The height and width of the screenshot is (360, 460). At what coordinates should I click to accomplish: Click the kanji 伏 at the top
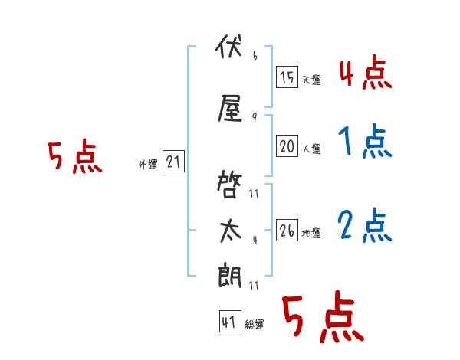point(229,46)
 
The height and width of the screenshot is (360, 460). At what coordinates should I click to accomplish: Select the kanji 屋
point(230,108)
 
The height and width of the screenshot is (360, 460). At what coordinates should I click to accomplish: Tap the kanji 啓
point(229,185)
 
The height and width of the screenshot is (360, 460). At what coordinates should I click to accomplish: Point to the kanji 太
point(231,231)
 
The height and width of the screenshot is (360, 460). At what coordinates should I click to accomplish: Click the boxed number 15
point(287,77)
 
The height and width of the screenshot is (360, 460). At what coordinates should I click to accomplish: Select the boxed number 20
point(287,146)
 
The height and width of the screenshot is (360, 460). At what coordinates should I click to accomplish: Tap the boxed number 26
point(287,230)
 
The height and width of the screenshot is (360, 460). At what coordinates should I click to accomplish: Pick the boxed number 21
point(173,162)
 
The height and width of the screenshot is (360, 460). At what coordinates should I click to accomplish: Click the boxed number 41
point(230,322)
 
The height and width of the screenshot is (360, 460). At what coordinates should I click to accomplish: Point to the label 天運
point(311,80)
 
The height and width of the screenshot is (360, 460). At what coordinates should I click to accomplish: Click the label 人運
point(311,149)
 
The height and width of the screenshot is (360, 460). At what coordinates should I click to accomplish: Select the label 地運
point(311,234)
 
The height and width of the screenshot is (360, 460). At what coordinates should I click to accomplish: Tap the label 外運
point(148,165)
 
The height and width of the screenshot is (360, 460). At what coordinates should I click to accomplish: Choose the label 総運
point(255,325)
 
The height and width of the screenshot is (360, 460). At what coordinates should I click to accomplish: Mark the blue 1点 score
point(365,141)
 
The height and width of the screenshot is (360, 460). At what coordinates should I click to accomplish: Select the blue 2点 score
point(365,225)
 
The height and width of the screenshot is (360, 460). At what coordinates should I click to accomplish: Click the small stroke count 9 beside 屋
point(255,117)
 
